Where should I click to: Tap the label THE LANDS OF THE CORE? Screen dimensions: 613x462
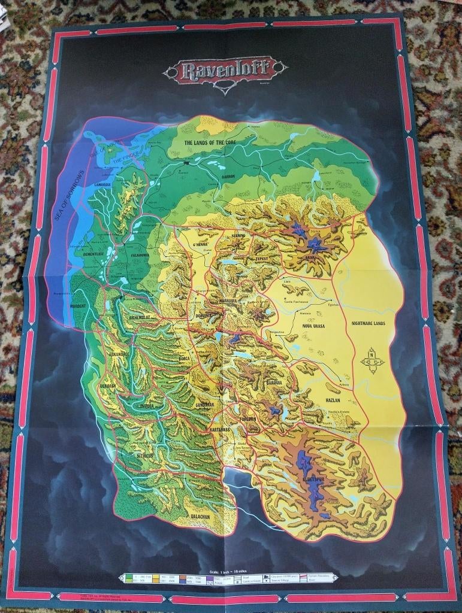tap(212, 144)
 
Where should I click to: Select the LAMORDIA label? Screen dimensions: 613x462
tap(102, 185)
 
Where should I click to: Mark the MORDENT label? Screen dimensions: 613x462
tap(77, 305)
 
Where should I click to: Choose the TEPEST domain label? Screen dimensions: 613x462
tap(264, 259)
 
